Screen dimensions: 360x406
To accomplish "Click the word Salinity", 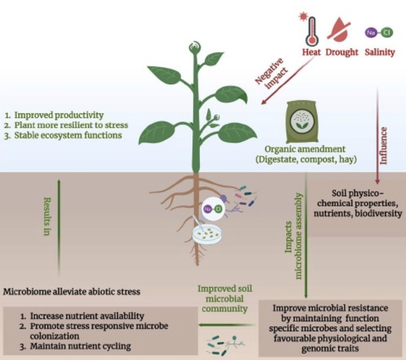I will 380,52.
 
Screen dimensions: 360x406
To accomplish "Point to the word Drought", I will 342,52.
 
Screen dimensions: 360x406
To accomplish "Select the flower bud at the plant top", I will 194,48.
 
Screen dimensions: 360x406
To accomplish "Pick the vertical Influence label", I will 384,146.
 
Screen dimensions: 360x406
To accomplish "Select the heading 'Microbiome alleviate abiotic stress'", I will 72,292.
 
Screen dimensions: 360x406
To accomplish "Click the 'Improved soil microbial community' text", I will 223,299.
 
